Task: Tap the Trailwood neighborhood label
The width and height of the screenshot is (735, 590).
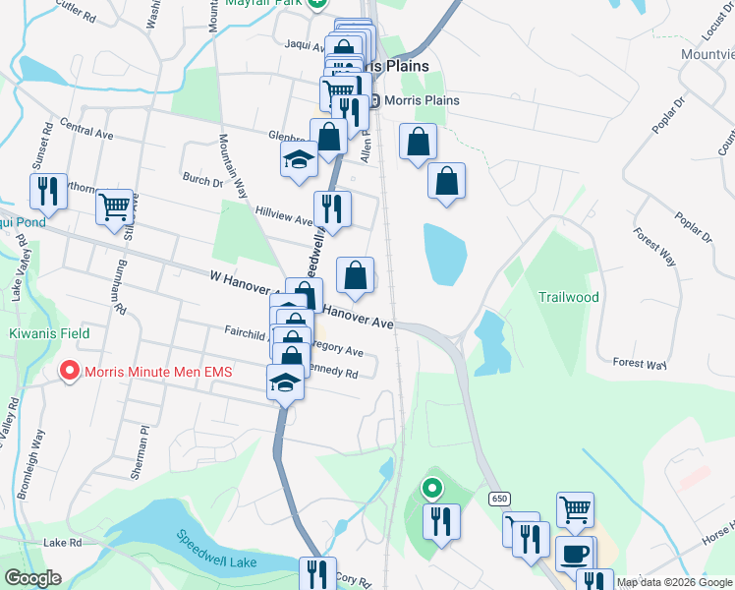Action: [568, 296]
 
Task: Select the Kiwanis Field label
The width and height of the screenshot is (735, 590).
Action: [49, 333]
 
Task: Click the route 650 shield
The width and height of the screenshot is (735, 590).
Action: [499, 499]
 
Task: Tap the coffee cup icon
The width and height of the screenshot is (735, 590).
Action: [574, 553]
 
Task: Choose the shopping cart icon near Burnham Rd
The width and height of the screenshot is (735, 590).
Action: [115, 206]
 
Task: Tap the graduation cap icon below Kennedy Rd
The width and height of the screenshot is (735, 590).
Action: [285, 383]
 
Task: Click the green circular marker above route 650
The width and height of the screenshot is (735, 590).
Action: [431, 487]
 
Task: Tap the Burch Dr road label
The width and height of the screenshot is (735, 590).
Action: [202, 180]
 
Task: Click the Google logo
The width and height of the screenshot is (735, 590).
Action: [31, 578]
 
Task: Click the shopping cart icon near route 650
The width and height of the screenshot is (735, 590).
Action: [575, 509]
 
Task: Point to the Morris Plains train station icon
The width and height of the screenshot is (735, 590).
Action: [374, 100]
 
